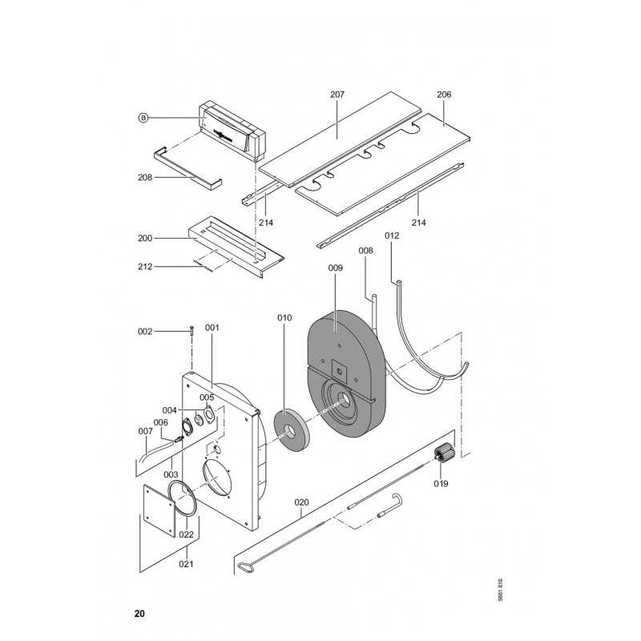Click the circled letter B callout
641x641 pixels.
pyautogui.click(x=143, y=118)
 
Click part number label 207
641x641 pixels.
pyautogui.click(x=337, y=95)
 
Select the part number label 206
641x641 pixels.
pyautogui.click(x=444, y=95)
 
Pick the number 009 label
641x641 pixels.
pyautogui.click(x=336, y=268)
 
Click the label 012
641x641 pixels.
pyautogui.click(x=392, y=236)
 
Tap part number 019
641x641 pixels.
pyautogui.click(x=441, y=483)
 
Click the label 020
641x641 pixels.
pyautogui.click(x=301, y=504)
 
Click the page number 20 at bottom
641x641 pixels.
pyautogui.click(x=139, y=615)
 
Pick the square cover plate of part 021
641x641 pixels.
pyautogui.click(x=160, y=511)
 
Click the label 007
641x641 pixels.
pyautogui.click(x=145, y=432)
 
